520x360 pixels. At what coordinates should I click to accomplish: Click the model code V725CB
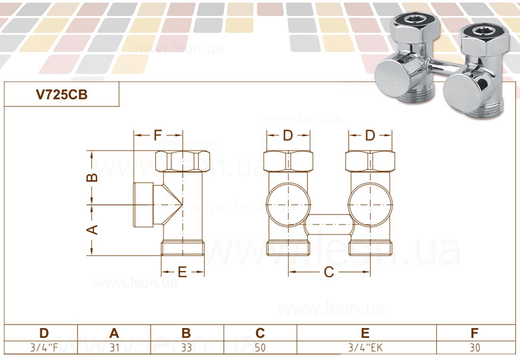[x=61, y=95]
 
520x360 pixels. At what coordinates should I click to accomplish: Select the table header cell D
[x=44, y=333]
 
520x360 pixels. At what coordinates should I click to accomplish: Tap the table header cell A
[x=114, y=333]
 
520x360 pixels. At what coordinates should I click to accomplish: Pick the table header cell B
[x=187, y=333]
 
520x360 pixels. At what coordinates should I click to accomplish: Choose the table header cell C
[x=261, y=333]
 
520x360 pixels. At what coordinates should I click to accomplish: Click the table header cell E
[x=365, y=333]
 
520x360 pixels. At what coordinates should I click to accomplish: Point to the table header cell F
[x=474, y=333]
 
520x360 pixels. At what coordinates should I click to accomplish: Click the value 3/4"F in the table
[x=44, y=347]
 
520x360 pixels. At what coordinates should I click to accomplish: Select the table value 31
[x=114, y=347]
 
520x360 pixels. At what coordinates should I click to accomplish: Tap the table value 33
[x=187, y=347]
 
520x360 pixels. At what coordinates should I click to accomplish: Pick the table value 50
[x=261, y=347]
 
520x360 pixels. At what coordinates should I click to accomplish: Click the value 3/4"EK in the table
[x=365, y=347]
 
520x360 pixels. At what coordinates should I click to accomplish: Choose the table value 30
[x=474, y=347]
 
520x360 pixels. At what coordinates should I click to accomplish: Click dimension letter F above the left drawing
[x=158, y=135]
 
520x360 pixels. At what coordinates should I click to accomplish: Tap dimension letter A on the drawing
[x=94, y=229]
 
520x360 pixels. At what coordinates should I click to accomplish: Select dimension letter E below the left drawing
[x=182, y=271]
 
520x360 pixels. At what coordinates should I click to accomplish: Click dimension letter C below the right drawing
[x=329, y=271]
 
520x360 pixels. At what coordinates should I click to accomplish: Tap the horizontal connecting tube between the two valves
[x=329, y=225]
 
